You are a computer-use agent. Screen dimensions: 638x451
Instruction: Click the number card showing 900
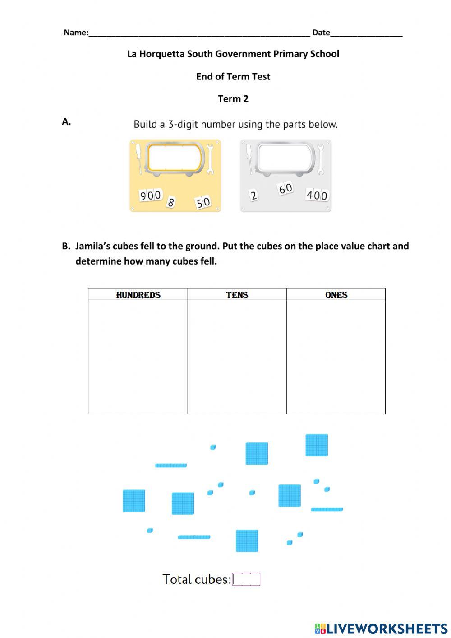click(151, 196)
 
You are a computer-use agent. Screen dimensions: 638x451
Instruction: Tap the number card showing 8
click(170, 202)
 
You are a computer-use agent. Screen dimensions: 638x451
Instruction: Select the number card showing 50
click(203, 202)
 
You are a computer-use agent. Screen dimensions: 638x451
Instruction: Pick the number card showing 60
click(285, 188)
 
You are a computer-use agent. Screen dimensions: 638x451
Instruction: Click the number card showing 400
click(317, 195)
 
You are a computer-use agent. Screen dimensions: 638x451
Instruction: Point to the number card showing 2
click(253, 196)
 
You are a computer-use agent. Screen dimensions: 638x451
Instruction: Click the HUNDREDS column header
click(138, 295)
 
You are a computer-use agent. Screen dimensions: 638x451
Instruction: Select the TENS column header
click(237, 295)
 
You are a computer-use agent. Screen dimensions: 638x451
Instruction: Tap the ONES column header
click(336, 295)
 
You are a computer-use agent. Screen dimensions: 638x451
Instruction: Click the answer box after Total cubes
click(246, 579)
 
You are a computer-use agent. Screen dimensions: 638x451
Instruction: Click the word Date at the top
click(321, 33)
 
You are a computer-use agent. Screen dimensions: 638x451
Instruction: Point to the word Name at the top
click(75, 33)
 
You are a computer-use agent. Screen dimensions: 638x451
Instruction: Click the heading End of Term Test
click(233, 77)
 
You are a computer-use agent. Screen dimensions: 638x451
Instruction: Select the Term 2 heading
click(233, 99)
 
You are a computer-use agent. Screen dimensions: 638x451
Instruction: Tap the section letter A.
click(66, 121)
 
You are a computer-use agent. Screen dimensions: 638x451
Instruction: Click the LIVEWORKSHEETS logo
click(381, 629)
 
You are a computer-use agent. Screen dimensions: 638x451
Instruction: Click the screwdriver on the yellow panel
click(140, 158)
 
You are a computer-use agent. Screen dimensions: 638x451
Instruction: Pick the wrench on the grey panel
click(321, 159)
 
